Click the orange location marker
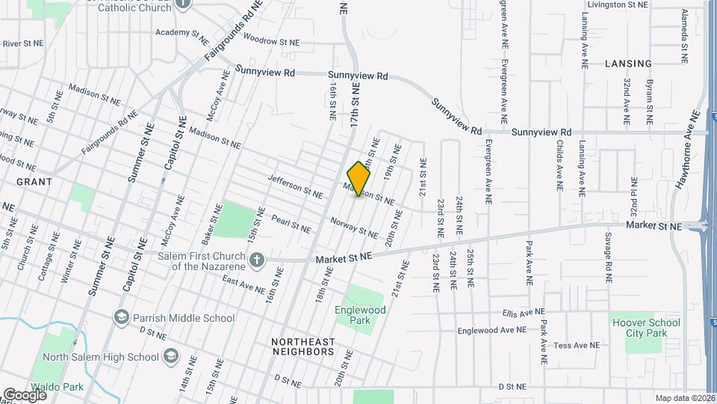(359, 179)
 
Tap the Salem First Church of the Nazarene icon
(256, 260)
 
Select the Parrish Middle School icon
(120, 318)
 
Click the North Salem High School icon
(171, 356)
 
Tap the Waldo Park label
(63, 387)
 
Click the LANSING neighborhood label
(628, 64)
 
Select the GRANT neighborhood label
(34, 182)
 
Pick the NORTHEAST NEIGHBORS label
(302, 346)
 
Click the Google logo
(25, 394)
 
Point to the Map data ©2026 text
(685, 398)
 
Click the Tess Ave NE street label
(577, 346)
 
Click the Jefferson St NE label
(295, 186)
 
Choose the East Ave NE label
(243, 284)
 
